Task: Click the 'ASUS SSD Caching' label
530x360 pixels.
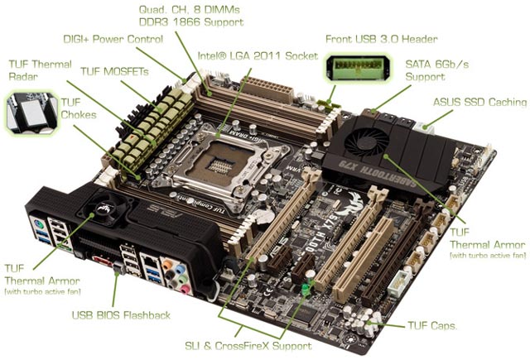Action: point(479,102)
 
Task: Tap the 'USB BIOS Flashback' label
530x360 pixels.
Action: point(120,314)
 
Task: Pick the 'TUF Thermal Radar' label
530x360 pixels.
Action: point(40,70)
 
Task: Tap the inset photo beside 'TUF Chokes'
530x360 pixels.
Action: point(31,113)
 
